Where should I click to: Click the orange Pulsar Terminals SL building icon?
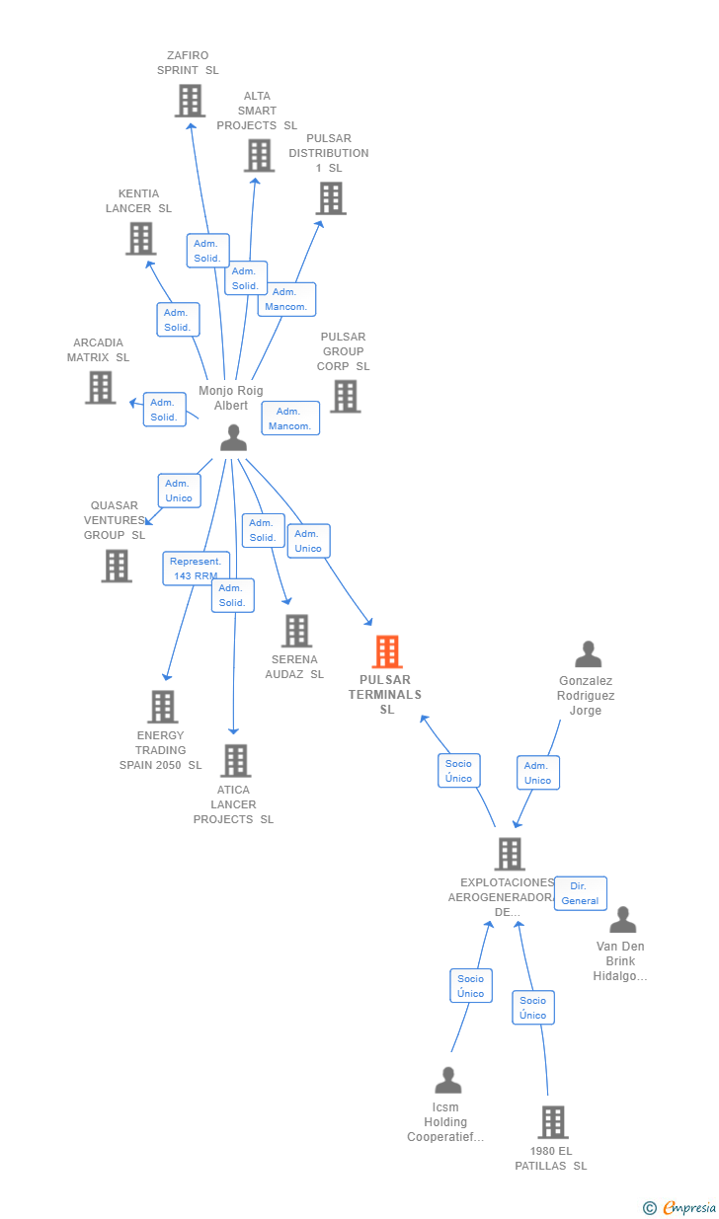coord(387,651)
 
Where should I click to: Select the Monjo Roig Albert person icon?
coord(234,438)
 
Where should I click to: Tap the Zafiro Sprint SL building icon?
coord(190,101)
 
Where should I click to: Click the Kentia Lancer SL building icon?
coord(141,239)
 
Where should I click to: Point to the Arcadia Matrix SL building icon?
coord(101,388)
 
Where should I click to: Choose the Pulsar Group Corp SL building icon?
coord(346,396)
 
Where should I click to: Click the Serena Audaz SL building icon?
coord(297,631)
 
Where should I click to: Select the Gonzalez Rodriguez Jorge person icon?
coord(589,654)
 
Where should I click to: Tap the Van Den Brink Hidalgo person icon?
coord(623,920)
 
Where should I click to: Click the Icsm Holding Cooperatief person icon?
coord(448,1080)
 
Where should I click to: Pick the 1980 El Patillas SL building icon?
coord(553,1122)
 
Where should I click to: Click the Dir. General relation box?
coord(580,893)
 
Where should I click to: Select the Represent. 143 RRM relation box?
coord(196,569)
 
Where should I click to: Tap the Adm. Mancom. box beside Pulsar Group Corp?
coord(290,419)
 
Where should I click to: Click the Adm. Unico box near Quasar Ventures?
coord(179,491)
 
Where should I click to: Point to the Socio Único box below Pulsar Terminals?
coord(459,771)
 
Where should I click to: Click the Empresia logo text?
coord(689,1208)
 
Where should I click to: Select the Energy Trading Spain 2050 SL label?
coord(161,750)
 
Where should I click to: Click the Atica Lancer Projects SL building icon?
coord(236,761)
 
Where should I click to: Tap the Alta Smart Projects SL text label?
coord(257,111)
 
